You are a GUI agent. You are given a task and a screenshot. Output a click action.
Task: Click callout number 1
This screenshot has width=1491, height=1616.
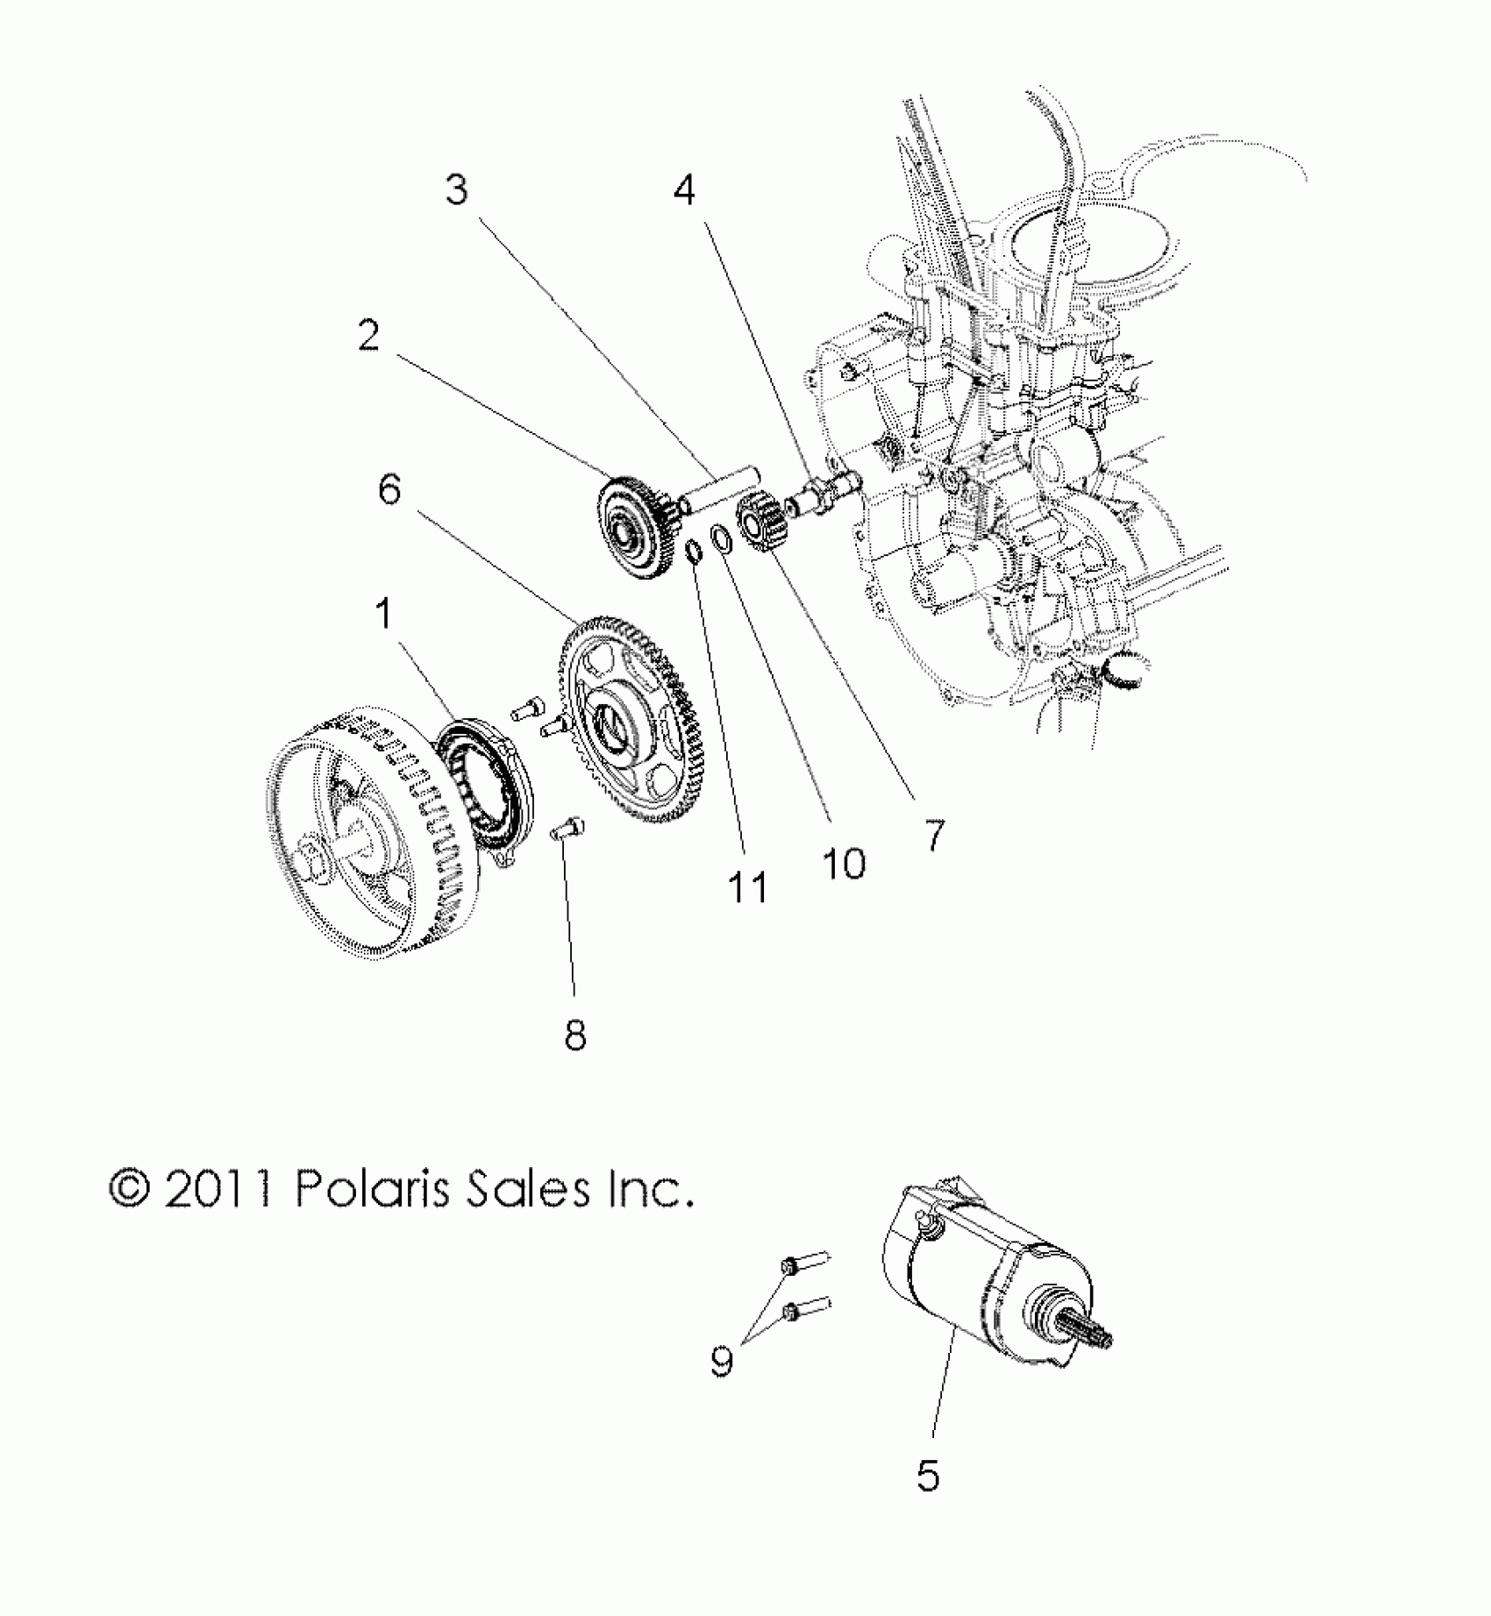coord(383,616)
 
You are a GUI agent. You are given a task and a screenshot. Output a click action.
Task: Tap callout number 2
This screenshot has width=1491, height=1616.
coord(369,335)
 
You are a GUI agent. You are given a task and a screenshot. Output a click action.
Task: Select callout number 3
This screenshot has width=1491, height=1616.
coord(456,189)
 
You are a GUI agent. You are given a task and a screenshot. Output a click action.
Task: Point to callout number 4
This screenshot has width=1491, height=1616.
coord(684,189)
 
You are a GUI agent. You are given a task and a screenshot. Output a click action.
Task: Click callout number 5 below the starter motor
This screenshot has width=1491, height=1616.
coord(928,1476)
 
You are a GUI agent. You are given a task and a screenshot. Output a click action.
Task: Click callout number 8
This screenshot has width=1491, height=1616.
coord(574,1036)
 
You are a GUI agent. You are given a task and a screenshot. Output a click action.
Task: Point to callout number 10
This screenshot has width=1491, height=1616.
coord(844,864)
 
